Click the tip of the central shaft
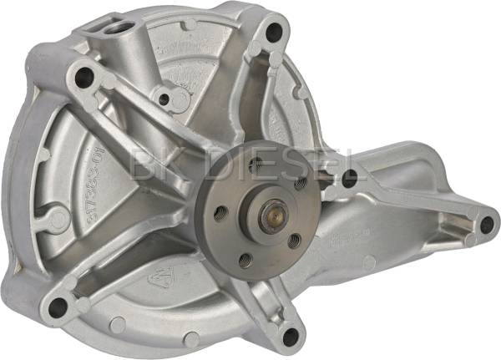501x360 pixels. [x=272, y=217]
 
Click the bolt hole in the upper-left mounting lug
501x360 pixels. [x=83, y=78]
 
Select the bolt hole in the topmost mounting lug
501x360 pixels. [x=273, y=33]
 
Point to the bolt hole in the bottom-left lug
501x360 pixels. [x=58, y=307]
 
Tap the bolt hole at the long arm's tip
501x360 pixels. [x=486, y=224]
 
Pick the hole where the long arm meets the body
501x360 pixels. [x=349, y=177]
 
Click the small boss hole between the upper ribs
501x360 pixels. [x=164, y=99]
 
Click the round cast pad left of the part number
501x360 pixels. [x=58, y=219]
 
